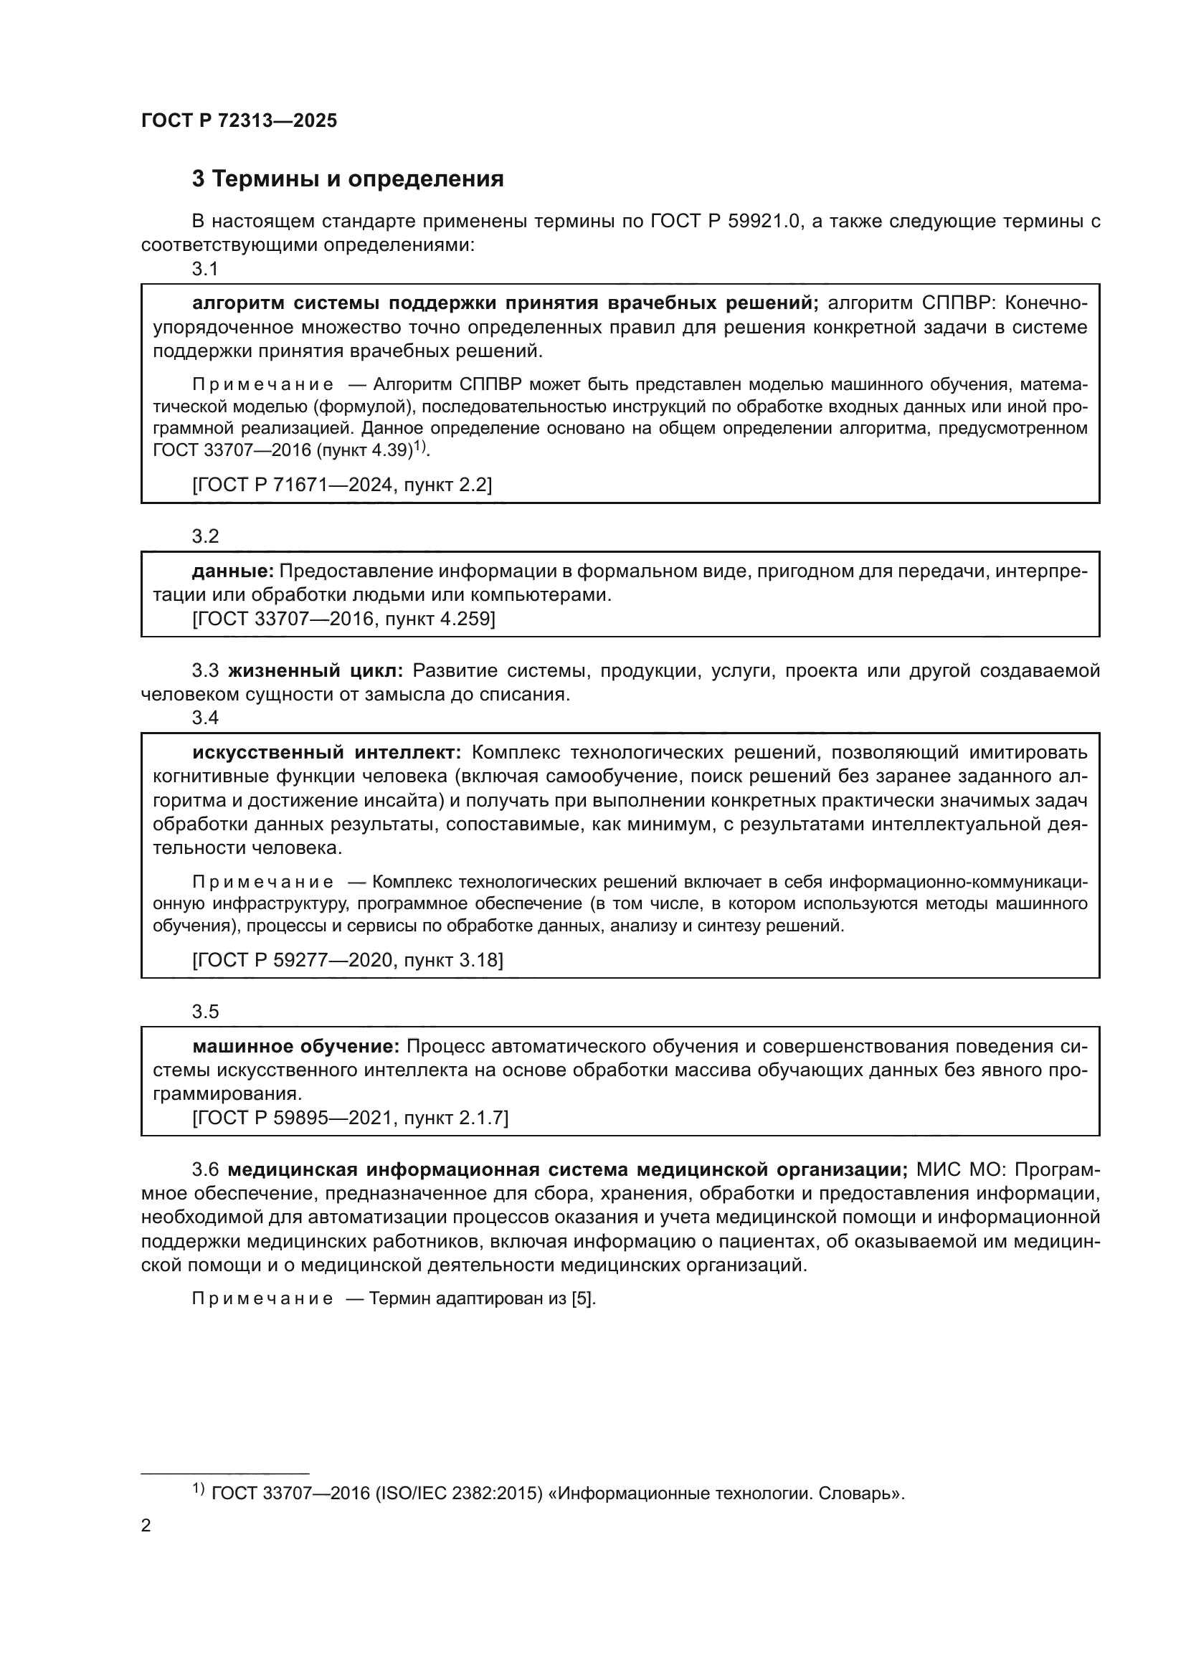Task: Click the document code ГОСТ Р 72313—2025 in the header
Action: [239, 121]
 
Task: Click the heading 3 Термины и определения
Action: [348, 179]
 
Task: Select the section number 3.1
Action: [205, 269]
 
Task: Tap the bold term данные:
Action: [232, 571]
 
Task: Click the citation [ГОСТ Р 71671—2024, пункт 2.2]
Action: [342, 484]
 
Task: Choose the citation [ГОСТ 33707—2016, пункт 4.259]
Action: [343, 619]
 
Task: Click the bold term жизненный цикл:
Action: [316, 670]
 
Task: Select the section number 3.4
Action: [205, 717]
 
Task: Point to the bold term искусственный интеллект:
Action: [326, 752]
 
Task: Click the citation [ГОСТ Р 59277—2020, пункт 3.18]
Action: [348, 960]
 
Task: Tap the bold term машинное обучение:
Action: [295, 1047]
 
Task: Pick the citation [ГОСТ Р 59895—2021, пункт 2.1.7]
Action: [351, 1118]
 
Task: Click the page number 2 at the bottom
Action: [146, 1526]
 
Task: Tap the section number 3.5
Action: [205, 1012]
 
